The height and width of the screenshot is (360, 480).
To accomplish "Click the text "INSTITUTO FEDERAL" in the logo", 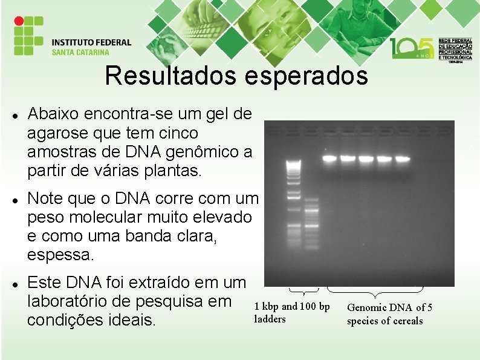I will tap(91, 42).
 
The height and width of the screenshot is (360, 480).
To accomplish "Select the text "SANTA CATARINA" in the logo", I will tap(84, 52).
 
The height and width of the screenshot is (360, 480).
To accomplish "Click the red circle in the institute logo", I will tap(19, 20).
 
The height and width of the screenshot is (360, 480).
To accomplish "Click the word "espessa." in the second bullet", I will tap(61, 255).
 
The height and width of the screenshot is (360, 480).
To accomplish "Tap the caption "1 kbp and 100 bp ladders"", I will tap(292, 313).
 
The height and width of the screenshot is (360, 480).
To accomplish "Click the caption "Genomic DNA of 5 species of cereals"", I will tap(389, 314).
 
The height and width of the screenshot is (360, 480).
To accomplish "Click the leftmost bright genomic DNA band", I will tap(329, 159).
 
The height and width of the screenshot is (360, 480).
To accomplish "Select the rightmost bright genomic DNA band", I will tap(402, 159).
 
